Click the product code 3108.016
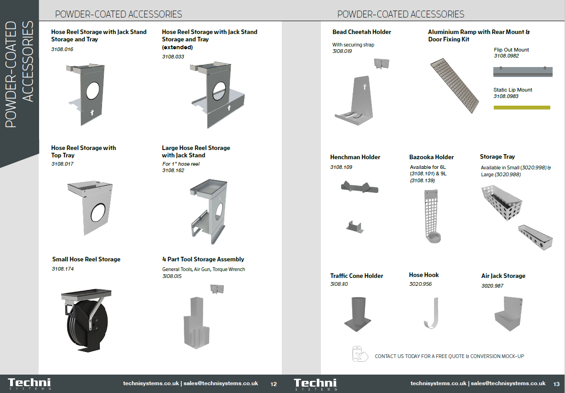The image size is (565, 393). (x=62, y=49)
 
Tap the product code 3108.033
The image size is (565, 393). (x=173, y=57)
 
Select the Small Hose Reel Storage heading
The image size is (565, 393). (x=86, y=259)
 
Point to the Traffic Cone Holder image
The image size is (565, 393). (x=358, y=314)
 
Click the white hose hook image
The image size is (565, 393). (x=432, y=313)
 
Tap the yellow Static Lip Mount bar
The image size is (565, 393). (x=522, y=108)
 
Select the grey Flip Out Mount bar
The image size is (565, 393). (x=523, y=72)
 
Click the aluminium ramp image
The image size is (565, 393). (x=455, y=86)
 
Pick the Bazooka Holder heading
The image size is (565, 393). (x=431, y=157)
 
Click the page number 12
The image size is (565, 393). (x=274, y=384)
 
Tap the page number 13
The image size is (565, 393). (x=556, y=384)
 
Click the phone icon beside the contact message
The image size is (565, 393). (x=360, y=354)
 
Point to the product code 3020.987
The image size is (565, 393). (x=492, y=286)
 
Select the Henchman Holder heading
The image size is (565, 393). (x=355, y=157)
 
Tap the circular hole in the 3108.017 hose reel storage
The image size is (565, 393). (x=98, y=212)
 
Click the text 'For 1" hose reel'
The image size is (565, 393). (x=181, y=164)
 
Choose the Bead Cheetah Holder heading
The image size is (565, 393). (x=362, y=32)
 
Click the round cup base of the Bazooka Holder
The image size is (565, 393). (x=434, y=238)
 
